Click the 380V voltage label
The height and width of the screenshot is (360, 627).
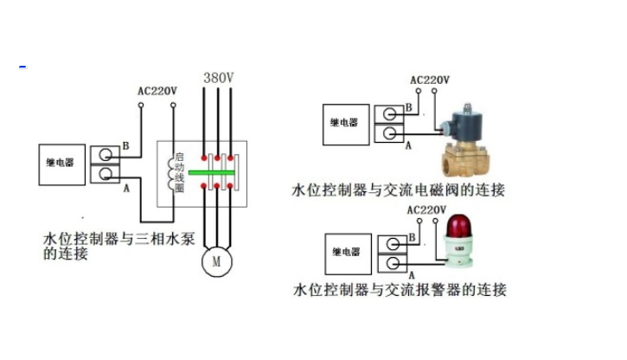pos(219,78)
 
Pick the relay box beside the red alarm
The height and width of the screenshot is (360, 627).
pos(344,252)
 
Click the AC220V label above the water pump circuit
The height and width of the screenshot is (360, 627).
pos(157,91)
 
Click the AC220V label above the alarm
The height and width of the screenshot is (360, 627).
pos(425,210)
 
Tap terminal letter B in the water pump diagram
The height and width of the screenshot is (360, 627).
pos(126,145)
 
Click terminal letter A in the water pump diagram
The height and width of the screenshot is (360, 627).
pos(126,187)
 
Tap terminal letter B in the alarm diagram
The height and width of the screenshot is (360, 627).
pos(411,236)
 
